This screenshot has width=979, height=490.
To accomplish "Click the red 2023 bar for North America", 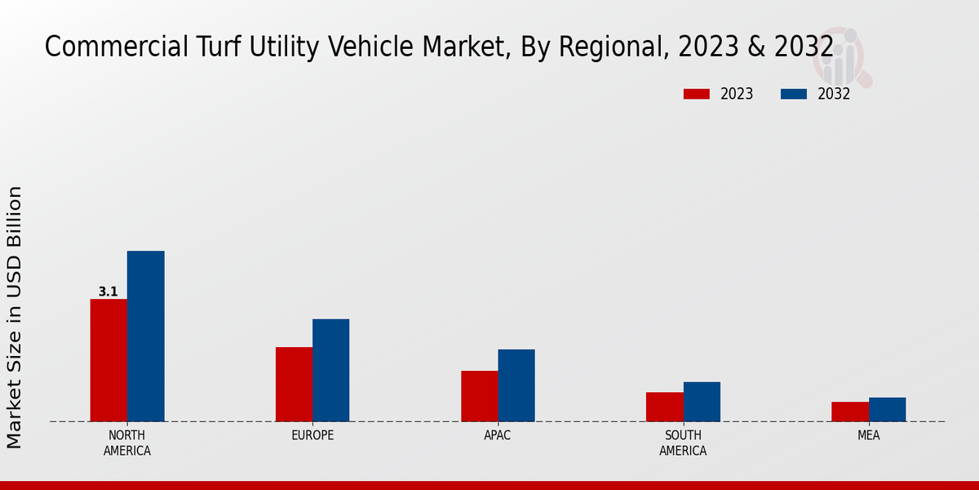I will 109,360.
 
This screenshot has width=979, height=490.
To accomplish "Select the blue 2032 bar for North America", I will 145,336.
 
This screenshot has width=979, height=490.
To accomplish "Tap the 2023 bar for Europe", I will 294,384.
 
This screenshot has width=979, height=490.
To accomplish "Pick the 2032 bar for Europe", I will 330,370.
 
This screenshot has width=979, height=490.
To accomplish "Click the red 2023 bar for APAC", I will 479,396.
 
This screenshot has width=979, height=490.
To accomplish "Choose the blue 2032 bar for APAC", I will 516,385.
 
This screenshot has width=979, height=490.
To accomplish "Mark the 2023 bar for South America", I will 664,407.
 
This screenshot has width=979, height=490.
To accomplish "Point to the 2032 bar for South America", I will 702,402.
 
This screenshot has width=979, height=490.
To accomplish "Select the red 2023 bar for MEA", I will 850,412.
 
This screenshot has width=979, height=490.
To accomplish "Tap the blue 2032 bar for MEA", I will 887,409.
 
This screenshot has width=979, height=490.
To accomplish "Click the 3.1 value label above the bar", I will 108,292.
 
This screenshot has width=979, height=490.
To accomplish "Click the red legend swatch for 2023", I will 696,94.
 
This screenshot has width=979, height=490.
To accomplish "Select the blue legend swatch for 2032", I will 793,94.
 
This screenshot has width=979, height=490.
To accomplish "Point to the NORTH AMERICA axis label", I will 126,443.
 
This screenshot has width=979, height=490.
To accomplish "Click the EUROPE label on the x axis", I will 312,435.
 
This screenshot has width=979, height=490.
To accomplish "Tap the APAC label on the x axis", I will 498,435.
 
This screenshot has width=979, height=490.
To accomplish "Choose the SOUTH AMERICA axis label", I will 683,443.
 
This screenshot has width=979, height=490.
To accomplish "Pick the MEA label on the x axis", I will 868,435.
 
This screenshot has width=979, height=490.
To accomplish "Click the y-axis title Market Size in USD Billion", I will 15,317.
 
